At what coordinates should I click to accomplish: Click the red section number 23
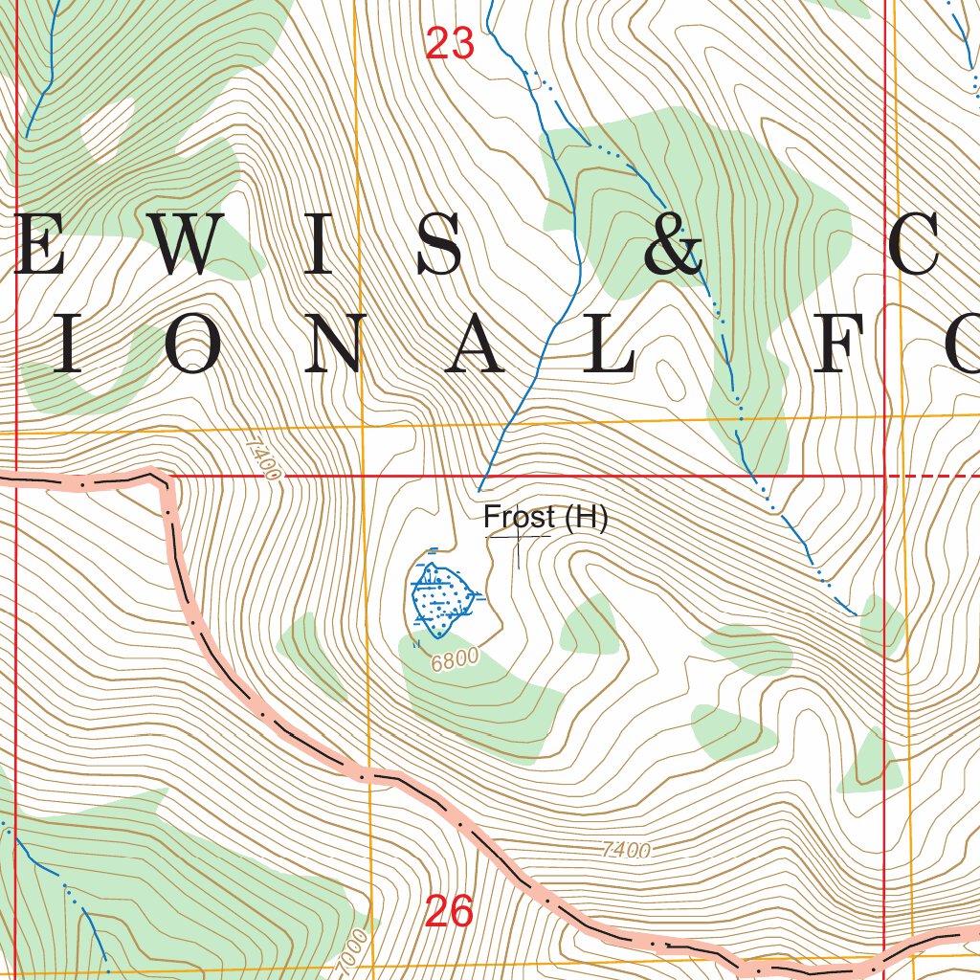450,44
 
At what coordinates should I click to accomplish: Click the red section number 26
449,912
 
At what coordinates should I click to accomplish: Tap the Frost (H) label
546,518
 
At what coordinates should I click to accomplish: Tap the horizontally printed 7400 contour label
627,849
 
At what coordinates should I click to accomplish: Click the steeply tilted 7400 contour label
262,458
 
